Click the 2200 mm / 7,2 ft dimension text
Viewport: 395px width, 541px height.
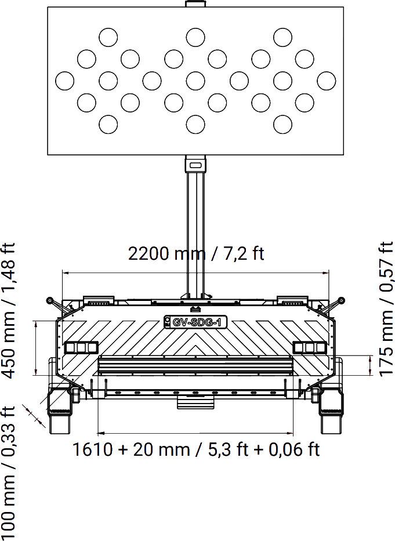[x=196, y=254]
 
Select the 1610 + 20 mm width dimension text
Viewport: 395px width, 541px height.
[x=196, y=449]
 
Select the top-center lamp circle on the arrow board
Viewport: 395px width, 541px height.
[x=195, y=38]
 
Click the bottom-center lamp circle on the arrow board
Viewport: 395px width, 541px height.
[x=195, y=124]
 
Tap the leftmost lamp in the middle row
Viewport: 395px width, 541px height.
[x=64, y=81]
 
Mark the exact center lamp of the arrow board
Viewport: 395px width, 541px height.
[x=195, y=81]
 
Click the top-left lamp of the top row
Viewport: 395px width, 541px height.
[x=108, y=38]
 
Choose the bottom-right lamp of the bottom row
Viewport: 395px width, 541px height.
[x=282, y=124]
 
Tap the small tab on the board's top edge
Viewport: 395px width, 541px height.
[x=195, y=4]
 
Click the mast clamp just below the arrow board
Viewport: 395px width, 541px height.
[x=195, y=165]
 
